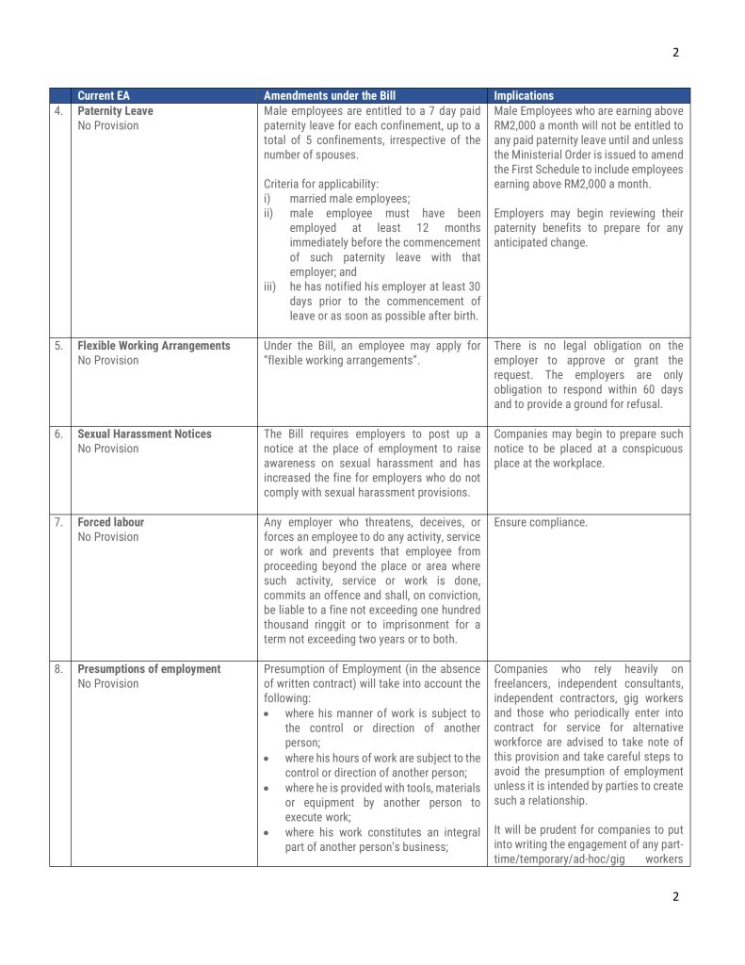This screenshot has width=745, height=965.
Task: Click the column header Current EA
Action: click(x=104, y=96)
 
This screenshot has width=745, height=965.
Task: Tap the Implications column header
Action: click(x=524, y=96)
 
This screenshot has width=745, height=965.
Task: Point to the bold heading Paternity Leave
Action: click(x=115, y=111)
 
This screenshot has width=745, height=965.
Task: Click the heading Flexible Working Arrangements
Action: click(x=154, y=346)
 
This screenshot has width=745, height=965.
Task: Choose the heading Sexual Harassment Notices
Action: click(x=144, y=434)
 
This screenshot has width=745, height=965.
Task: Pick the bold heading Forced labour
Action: click(x=110, y=522)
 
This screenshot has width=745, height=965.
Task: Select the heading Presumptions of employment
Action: click(x=149, y=669)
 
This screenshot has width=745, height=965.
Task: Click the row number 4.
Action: click(x=58, y=111)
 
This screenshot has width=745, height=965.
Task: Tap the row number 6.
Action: click(x=58, y=434)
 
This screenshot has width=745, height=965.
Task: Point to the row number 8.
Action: click(x=58, y=669)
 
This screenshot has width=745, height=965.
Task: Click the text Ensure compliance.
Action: click(x=540, y=522)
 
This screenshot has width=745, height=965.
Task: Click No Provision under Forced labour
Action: click(x=107, y=537)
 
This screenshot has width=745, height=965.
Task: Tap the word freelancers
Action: click(x=524, y=683)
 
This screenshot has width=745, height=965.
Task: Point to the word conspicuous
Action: click(x=653, y=449)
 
